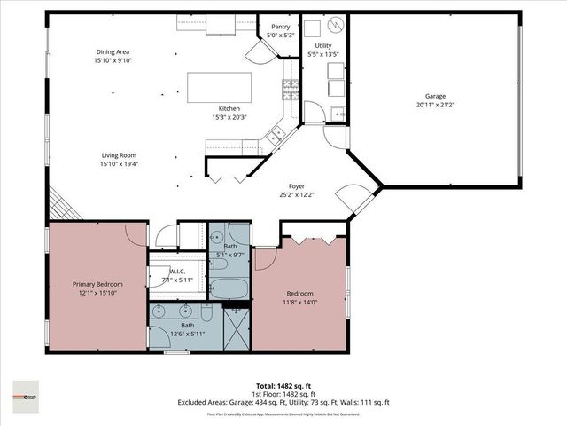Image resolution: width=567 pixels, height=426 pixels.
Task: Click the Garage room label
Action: click(434, 96)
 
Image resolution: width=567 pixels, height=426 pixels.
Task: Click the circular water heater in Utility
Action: click(337, 26)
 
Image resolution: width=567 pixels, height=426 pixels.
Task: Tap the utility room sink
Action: click(337, 112)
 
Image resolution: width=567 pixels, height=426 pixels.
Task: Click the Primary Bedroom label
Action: click(97, 284)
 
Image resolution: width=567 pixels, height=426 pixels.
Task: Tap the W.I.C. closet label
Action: click(176, 272)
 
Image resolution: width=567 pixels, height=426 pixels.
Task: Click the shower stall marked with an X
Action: click(237, 327)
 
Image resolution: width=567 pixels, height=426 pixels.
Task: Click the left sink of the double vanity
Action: click(159, 312)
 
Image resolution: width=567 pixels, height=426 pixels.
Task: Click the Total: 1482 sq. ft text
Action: click(283, 388)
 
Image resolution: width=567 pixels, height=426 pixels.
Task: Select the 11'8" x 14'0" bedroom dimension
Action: click(299, 302)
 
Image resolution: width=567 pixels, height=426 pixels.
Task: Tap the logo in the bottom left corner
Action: click(26, 390)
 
